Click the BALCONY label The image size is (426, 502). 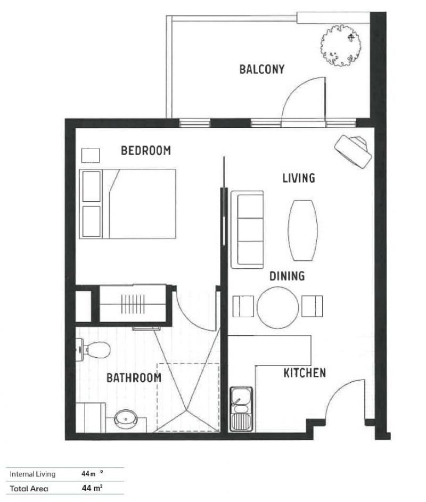261,69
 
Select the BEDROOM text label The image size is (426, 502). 146,151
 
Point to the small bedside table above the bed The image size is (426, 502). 90,155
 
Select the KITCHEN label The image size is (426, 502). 304,373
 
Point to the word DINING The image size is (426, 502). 286,276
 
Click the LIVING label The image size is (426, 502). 298,178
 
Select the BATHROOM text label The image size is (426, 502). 134,378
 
